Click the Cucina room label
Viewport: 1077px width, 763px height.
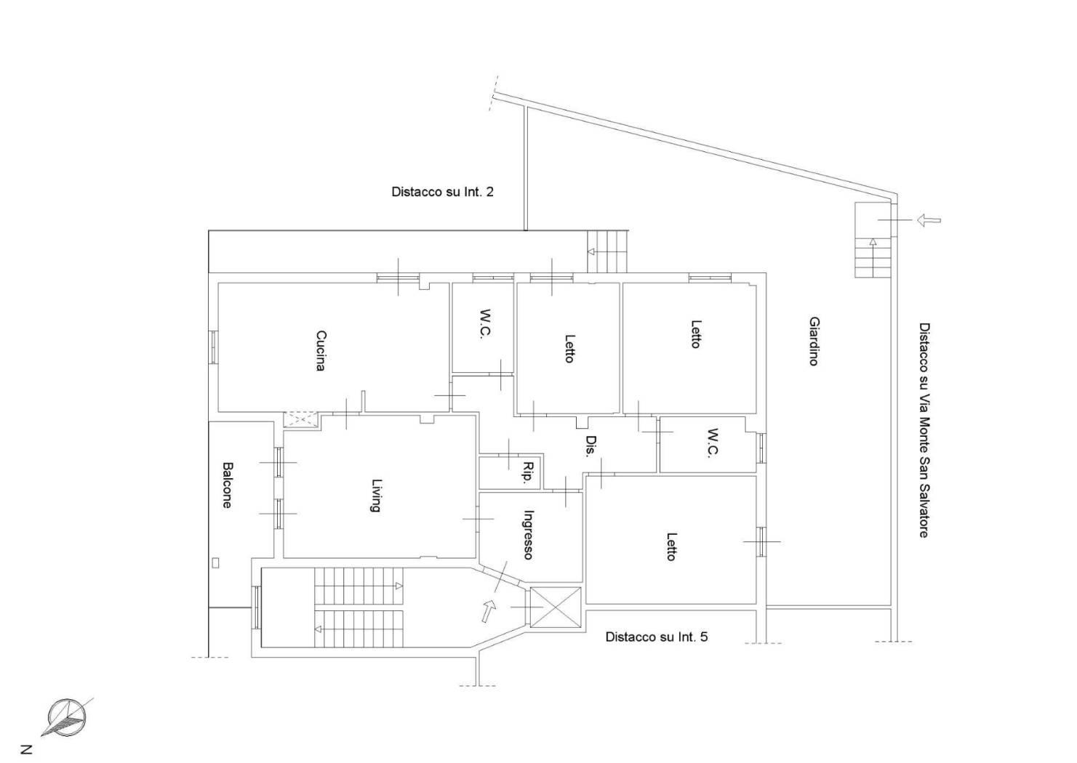tap(321, 351)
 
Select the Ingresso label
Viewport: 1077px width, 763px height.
tap(528, 535)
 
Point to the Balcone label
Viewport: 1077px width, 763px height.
tap(227, 485)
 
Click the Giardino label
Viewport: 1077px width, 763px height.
tap(814, 341)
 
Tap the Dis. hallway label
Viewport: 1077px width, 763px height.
tap(590, 446)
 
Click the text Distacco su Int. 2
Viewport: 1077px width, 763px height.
tap(442, 192)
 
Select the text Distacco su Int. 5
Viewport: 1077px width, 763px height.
tap(656, 637)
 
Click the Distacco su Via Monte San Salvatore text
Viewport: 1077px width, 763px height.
tap(924, 430)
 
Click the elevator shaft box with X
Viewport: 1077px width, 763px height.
tap(556, 607)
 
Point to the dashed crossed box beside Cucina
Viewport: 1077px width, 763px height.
tap(300, 419)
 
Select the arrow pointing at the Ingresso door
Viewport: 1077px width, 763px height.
tap(489, 610)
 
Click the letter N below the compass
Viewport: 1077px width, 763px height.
tap(26, 749)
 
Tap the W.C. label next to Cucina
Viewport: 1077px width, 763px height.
tap(482, 324)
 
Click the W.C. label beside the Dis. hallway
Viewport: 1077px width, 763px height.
tap(713, 443)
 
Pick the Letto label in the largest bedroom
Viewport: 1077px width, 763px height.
tap(671, 546)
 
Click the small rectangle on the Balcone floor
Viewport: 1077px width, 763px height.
tap(215, 562)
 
